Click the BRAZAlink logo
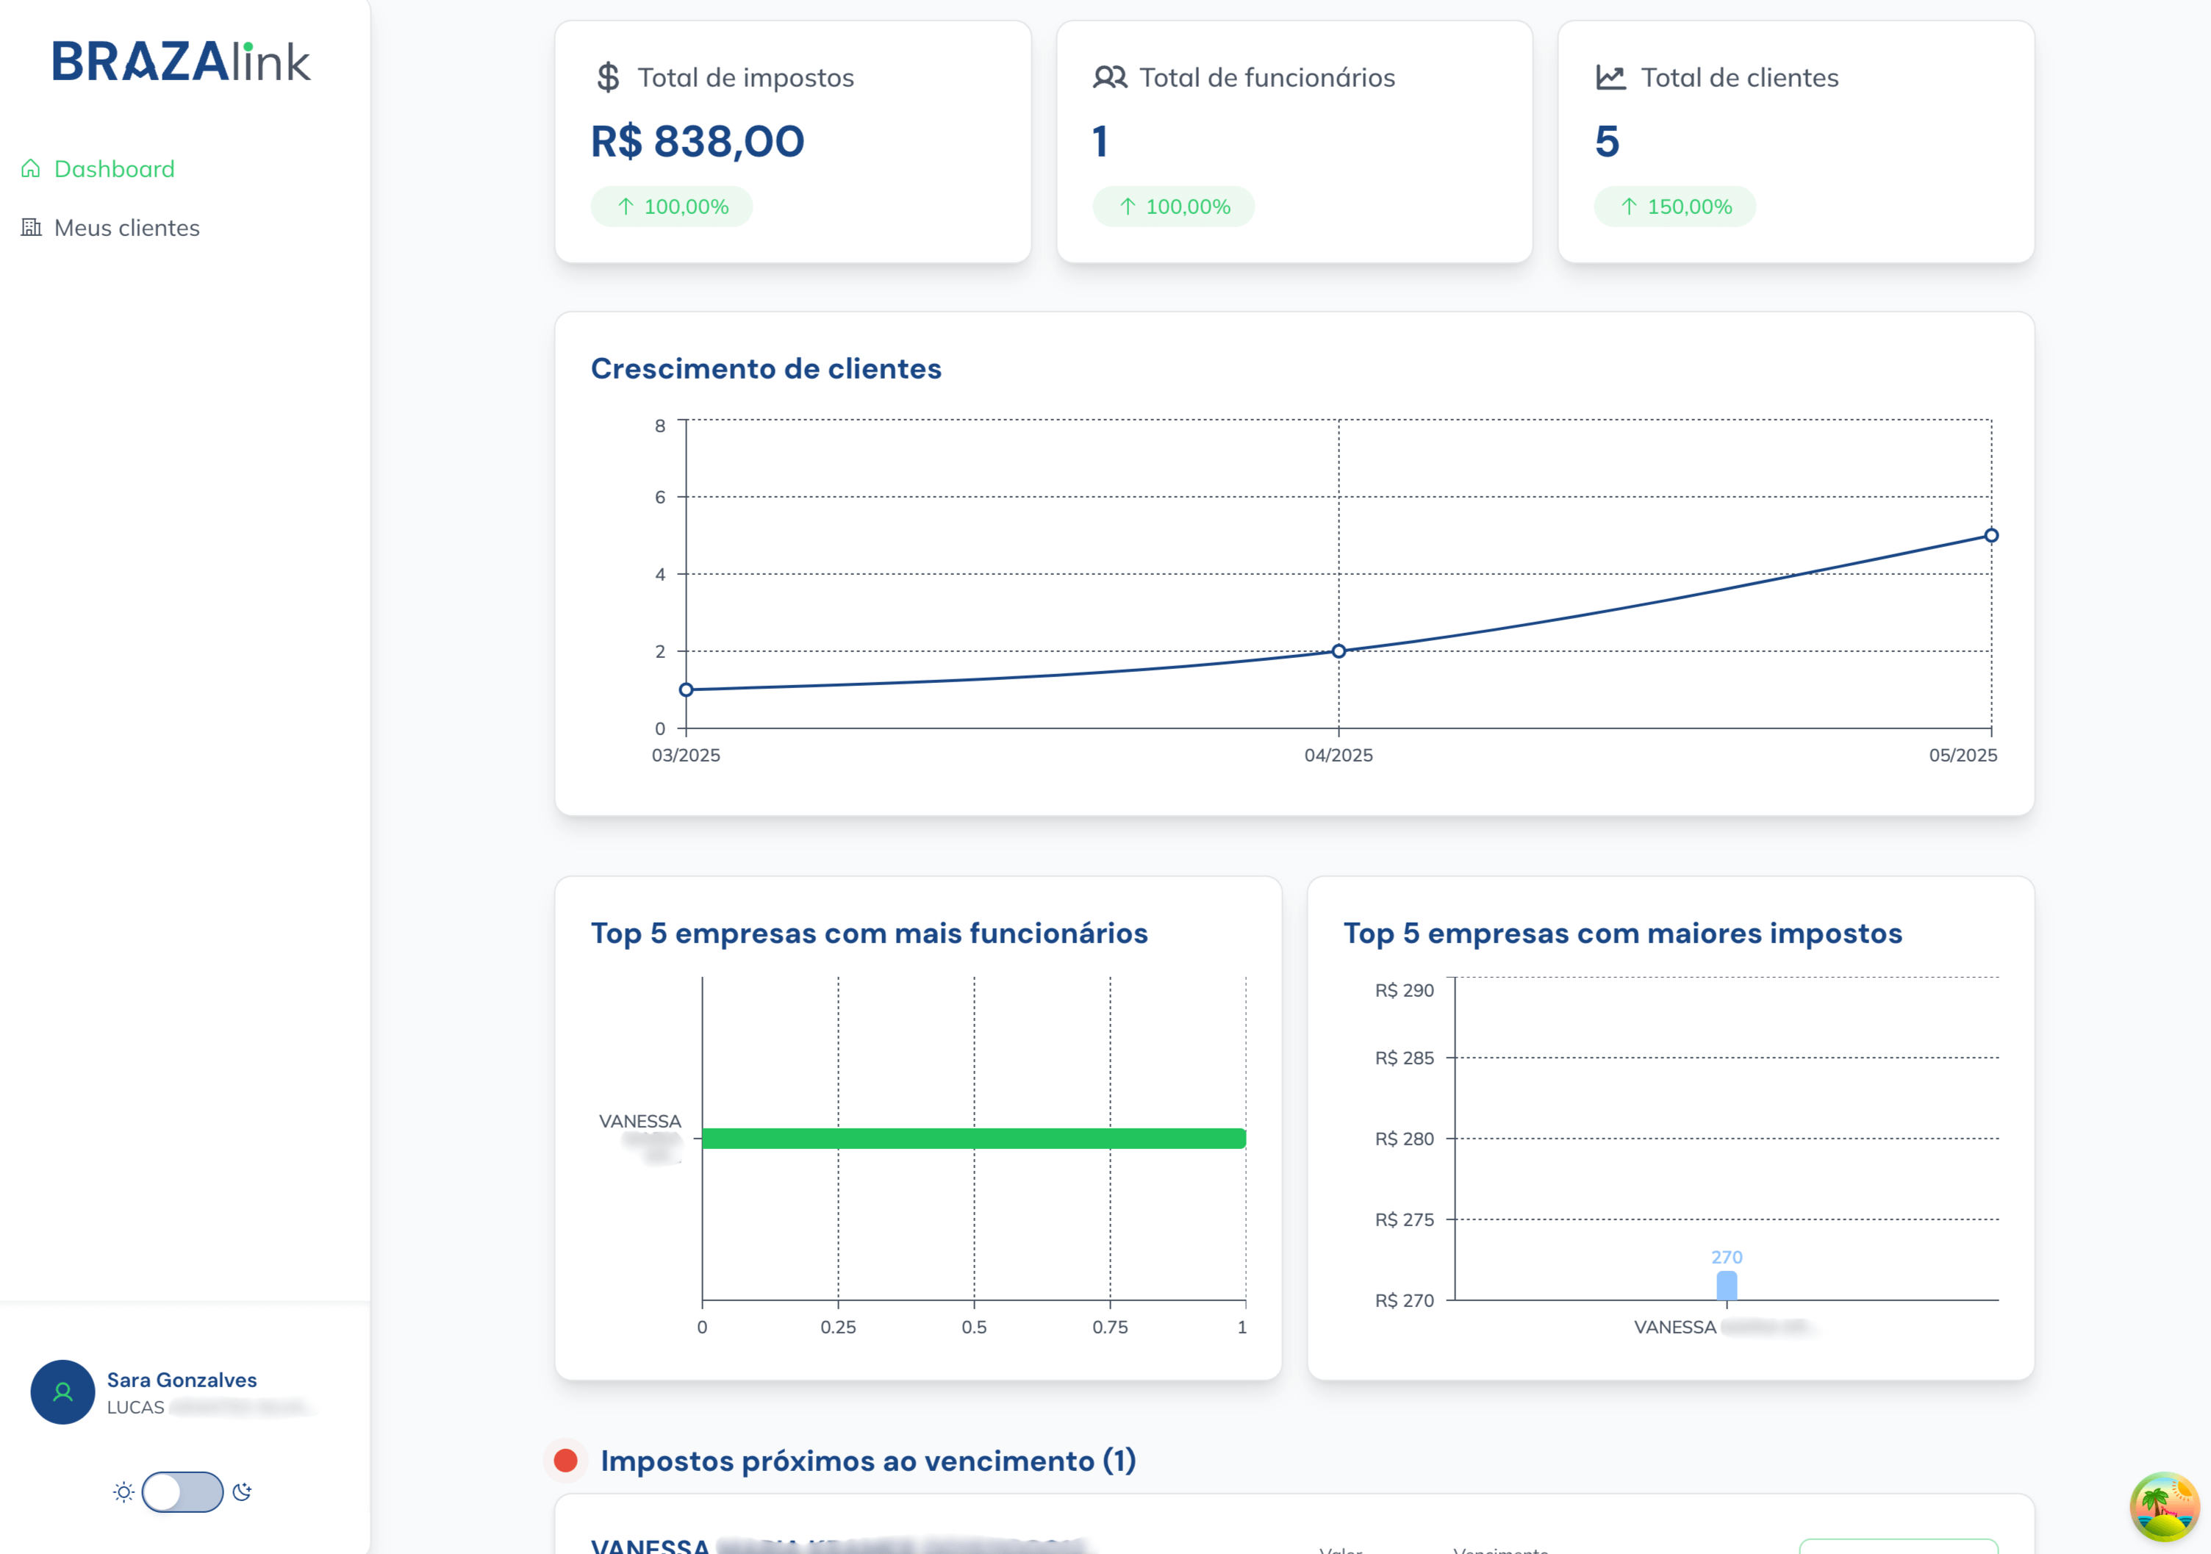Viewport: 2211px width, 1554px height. coord(181,62)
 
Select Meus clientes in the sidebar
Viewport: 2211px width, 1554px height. coord(126,227)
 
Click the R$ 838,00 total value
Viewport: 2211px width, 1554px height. coord(698,142)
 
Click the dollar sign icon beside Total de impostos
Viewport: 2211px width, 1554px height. coord(608,77)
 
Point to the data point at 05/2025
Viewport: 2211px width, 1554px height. coord(1990,535)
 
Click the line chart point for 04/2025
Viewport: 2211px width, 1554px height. coord(1339,651)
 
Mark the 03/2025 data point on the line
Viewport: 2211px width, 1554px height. coord(686,690)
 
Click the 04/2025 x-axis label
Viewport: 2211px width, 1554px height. coord(1339,755)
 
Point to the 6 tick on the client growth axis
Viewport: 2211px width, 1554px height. coord(659,497)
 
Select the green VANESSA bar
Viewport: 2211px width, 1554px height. coord(974,1138)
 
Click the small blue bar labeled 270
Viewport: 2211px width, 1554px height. coord(1727,1286)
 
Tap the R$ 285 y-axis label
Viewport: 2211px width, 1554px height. coord(1404,1057)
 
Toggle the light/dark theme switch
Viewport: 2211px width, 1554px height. coord(182,1492)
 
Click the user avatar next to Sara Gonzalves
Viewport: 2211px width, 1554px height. coord(62,1392)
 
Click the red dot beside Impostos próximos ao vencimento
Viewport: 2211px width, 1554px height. coord(565,1461)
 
